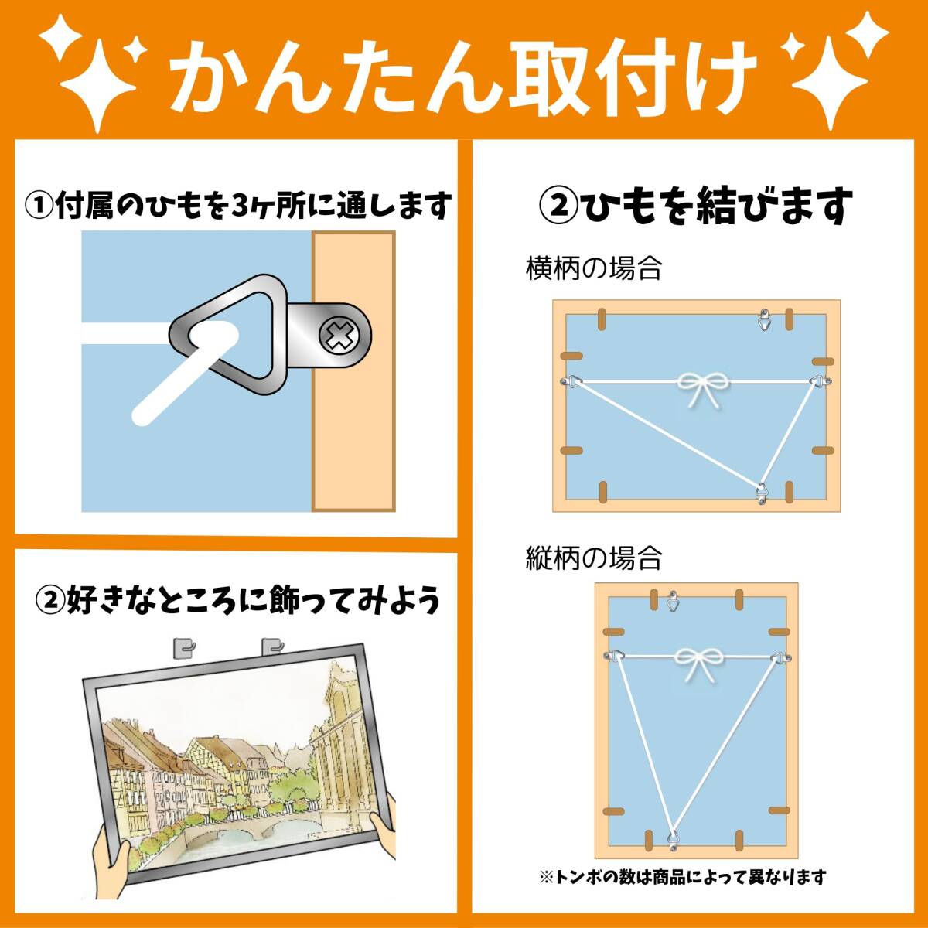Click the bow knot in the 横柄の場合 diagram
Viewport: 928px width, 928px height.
pos(704,389)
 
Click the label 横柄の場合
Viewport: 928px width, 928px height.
pos(593,268)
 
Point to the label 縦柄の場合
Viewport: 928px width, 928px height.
pos(593,558)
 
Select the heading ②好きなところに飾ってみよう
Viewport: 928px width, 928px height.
pos(238,601)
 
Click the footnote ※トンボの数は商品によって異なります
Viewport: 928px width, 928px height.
pos(683,877)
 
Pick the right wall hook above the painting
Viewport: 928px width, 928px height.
pos(272,647)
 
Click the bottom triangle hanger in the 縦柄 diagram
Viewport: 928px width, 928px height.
pos(674,841)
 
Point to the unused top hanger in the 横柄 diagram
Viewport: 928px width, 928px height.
pos(764,319)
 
